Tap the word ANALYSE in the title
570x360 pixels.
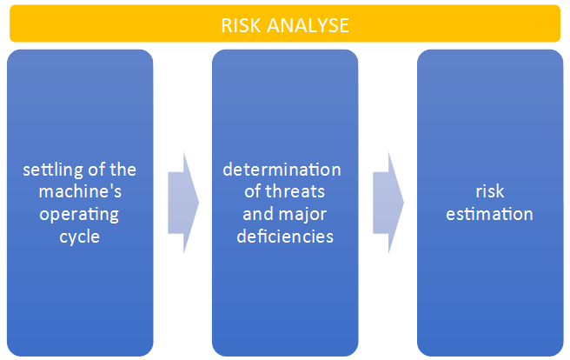click(308, 25)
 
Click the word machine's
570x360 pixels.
click(80, 191)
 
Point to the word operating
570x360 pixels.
click(79, 215)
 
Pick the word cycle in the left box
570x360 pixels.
click(80, 237)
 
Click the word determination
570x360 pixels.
click(282, 170)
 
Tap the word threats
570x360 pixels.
click(295, 191)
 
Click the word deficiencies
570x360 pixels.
click(285, 237)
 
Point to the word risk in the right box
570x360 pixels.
click(490, 191)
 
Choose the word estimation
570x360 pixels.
click(489, 214)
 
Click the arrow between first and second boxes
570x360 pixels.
click(183, 203)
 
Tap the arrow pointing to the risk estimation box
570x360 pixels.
click(388, 203)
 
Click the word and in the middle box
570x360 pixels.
click(256, 214)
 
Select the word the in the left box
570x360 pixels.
click(123, 170)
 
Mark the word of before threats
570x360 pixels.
click(252, 191)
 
